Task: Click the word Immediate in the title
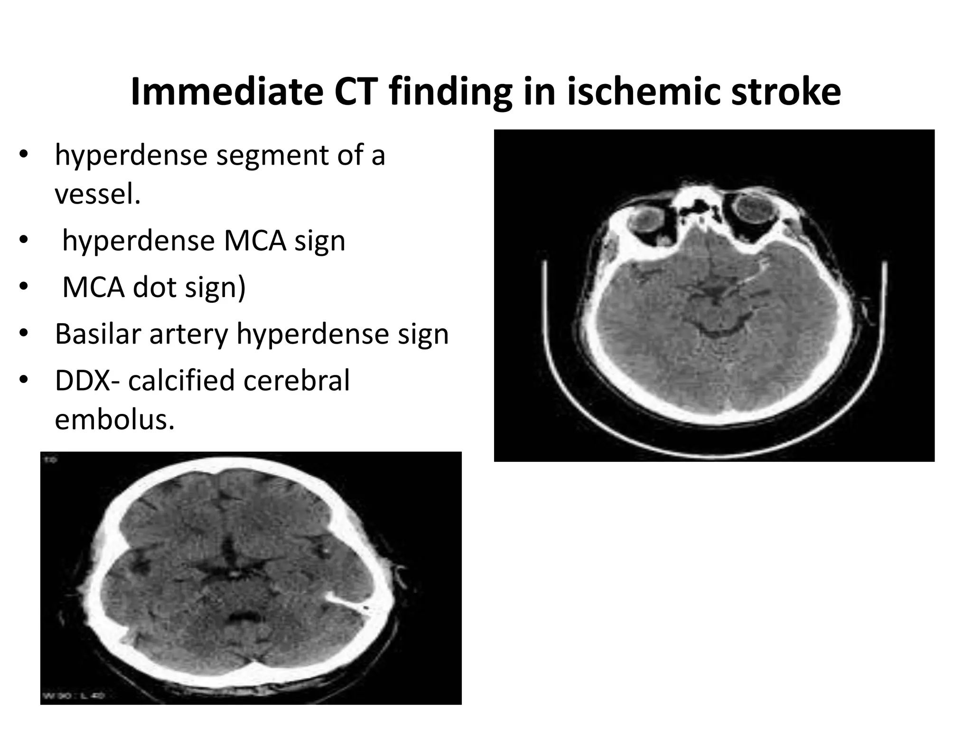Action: click(x=226, y=92)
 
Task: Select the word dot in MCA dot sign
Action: click(x=154, y=288)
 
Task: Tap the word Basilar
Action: click(x=98, y=334)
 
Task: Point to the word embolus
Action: click(x=114, y=419)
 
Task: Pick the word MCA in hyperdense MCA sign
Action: click(x=255, y=241)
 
